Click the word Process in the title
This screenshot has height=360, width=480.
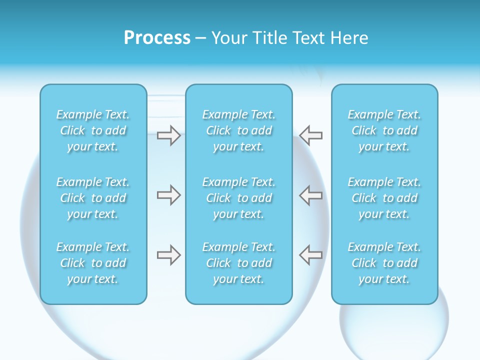click(157, 38)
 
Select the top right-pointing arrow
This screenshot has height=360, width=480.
click(168, 135)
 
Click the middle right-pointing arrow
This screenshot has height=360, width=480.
click(168, 195)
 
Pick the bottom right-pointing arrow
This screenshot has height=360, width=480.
click(168, 255)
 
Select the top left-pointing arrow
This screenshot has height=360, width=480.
click(311, 135)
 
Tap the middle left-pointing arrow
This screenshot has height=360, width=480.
click(311, 195)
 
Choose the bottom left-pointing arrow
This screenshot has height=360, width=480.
click(311, 255)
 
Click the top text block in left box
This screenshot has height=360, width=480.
click(93, 130)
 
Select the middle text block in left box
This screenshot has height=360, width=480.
click(93, 198)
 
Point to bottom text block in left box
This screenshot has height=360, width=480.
click(93, 263)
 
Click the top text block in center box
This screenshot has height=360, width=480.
click(238, 130)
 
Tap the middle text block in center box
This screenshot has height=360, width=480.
click(238, 198)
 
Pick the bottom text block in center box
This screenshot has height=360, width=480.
click(238, 263)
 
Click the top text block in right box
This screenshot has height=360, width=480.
click(384, 130)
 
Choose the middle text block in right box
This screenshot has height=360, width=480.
click(384, 198)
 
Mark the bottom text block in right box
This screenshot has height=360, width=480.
click(384, 263)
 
